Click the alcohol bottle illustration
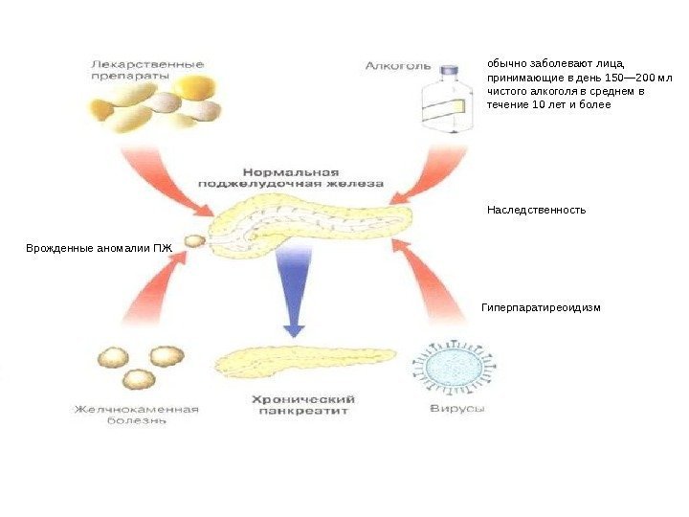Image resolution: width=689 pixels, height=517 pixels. pos(446,100)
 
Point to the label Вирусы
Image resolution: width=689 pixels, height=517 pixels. pos(454,409)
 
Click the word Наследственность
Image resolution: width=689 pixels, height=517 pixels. pos(536,210)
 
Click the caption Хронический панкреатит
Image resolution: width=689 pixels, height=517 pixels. pos(304,404)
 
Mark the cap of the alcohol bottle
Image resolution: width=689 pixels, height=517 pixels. pos(446,70)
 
